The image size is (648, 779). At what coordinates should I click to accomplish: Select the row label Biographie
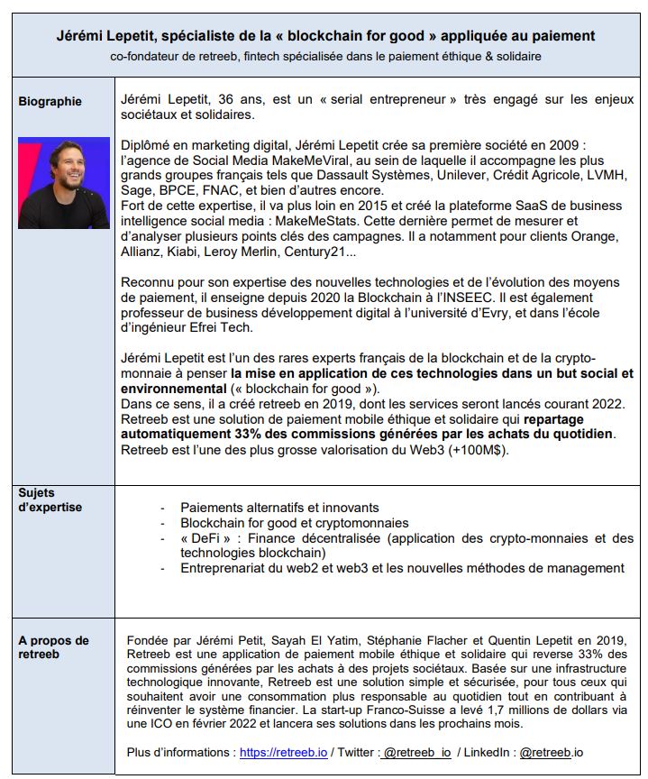pos(50,101)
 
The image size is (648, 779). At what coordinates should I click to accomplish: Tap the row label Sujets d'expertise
pos(50,499)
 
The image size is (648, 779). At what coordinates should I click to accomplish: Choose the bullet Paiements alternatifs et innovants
pos(279,508)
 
